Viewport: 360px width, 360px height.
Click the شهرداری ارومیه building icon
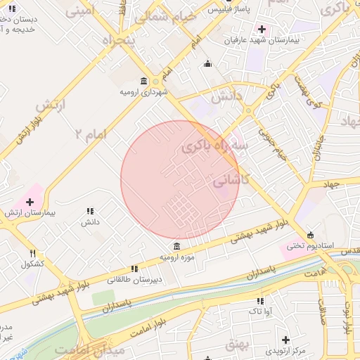(x=143, y=81)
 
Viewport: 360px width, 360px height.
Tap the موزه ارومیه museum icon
(x=176, y=247)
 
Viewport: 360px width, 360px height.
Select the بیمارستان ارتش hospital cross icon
(x=29, y=202)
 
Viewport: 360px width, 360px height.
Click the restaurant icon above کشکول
(x=32, y=253)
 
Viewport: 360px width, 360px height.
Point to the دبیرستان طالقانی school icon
(x=134, y=269)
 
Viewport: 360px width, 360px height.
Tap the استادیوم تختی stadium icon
(x=310, y=236)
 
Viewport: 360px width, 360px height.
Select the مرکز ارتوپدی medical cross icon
(x=285, y=340)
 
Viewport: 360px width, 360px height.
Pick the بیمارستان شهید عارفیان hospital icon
(x=262, y=30)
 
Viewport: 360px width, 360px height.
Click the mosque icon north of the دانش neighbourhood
(x=207, y=64)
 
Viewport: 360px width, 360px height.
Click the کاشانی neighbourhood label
(x=230, y=180)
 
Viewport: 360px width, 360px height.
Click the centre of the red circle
(x=180, y=180)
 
